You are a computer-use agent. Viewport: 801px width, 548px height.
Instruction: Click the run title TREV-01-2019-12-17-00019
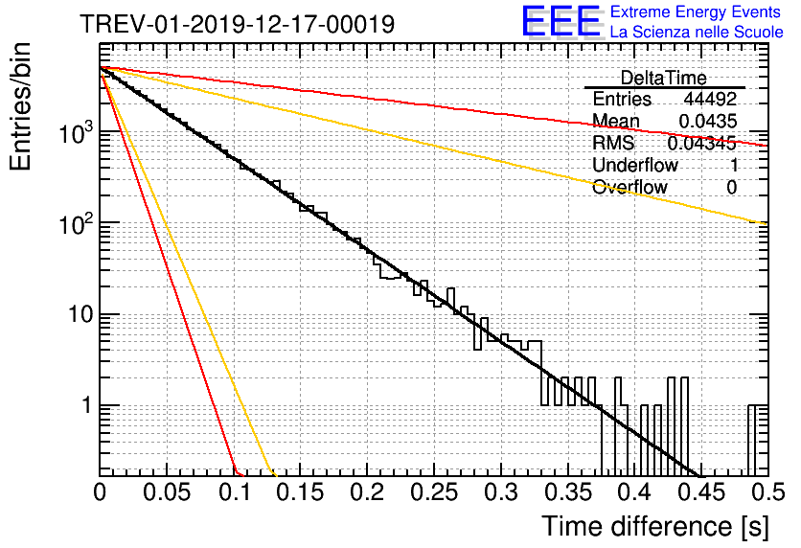pos(238,24)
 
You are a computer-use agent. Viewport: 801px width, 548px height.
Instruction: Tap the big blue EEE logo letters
pos(561,21)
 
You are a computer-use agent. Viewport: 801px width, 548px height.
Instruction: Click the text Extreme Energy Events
pos(696,11)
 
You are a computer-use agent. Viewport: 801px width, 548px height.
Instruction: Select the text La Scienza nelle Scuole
pos(697,32)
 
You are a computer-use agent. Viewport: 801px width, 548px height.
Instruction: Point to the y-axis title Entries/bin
pos(20,106)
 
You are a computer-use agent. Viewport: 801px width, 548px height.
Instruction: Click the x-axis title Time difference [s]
pos(655,526)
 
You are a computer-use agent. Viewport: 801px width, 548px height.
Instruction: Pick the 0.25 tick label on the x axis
pos(434,492)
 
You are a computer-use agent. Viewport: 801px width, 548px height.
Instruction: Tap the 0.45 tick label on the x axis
pos(702,492)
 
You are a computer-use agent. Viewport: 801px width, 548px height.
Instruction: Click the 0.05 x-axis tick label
pos(167,492)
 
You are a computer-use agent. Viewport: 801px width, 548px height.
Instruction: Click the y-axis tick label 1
pos(87,405)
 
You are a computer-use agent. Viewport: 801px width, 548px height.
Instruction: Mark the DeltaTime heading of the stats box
pos(664,78)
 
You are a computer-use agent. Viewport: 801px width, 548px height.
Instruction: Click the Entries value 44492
pos(711,99)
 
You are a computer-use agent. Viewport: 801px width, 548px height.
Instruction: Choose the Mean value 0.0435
pos(708,121)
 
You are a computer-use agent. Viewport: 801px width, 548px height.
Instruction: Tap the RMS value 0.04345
pos(702,143)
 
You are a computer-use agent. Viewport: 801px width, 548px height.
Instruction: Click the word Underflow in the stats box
pos(635,165)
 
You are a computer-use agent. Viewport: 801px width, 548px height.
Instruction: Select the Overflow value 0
pos(731,187)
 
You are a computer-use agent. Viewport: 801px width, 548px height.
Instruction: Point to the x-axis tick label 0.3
pos(501,492)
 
